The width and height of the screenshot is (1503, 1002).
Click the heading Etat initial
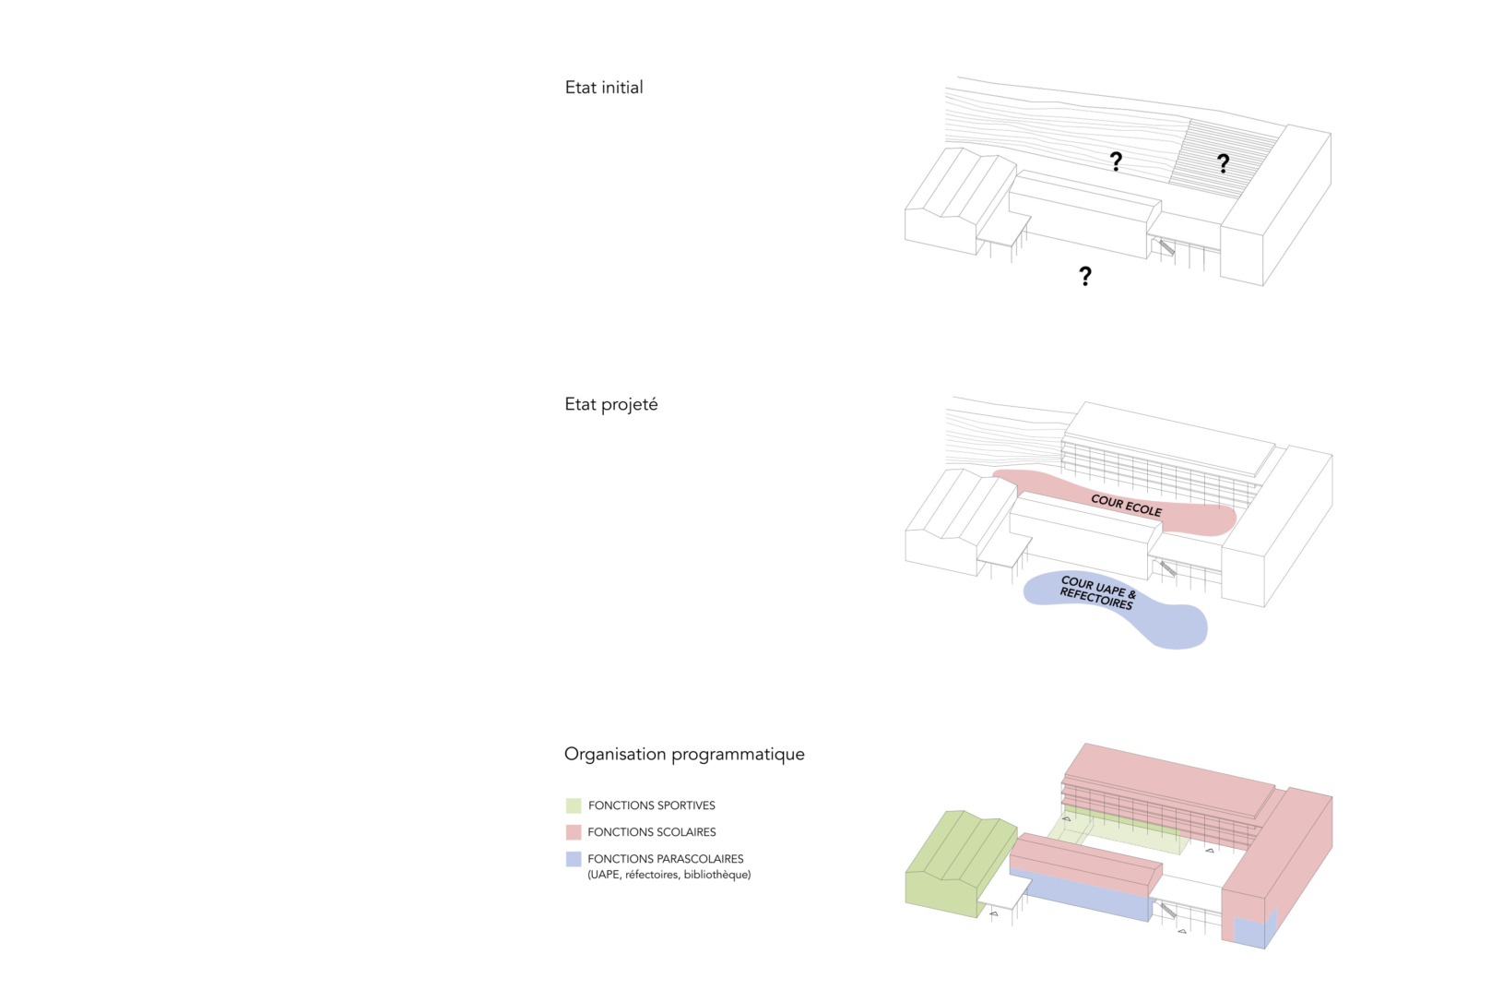pyautogui.click(x=604, y=88)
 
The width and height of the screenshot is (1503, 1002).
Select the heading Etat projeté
pyautogui.click(x=611, y=404)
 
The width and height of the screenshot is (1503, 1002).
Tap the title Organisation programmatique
pyautogui.click(x=684, y=754)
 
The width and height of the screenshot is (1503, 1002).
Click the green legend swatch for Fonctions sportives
pyautogui.click(x=573, y=805)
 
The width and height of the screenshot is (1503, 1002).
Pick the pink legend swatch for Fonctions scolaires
pyautogui.click(x=573, y=832)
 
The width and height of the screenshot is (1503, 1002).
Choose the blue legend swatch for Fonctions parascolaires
pyautogui.click(x=573, y=859)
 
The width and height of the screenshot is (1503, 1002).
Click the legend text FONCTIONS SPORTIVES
pyautogui.click(x=652, y=805)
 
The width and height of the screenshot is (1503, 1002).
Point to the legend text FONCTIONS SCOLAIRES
pyautogui.click(x=652, y=832)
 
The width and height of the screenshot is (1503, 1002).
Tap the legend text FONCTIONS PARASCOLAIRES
pyautogui.click(x=666, y=859)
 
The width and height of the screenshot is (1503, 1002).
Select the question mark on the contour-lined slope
pyautogui.click(x=1116, y=161)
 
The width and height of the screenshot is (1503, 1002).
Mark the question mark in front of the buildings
pyautogui.click(x=1085, y=276)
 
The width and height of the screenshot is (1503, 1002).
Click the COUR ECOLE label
pyautogui.click(x=1126, y=505)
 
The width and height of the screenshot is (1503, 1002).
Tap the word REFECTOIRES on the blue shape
pyautogui.click(x=1096, y=598)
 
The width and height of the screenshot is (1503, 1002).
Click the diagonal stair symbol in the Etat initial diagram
pyautogui.click(x=1166, y=247)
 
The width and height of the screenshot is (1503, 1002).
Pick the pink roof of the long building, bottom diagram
pyautogui.click(x=1169, y=779)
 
